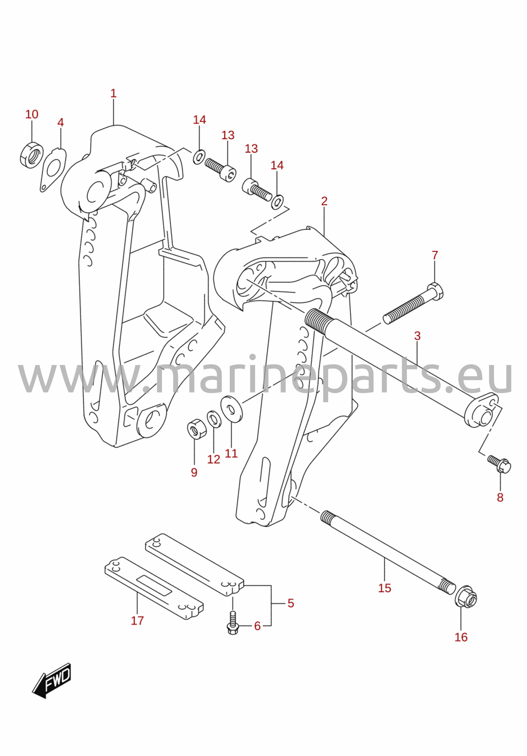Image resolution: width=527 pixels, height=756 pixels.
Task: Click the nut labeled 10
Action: click(x=31, y=155)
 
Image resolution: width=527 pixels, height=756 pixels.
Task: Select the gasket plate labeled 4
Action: click(x=52, y=170)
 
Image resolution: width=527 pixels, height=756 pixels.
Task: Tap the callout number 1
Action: click(x=114, y=93)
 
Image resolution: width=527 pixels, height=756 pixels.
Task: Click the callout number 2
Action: click(x=324, y=201)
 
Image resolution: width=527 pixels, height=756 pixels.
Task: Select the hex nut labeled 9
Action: click(x=197, y=429)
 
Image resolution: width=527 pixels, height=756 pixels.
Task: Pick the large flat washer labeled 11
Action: click(x=231, y=409)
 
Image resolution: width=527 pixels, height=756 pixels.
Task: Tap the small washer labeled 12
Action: click(x=214, y=419)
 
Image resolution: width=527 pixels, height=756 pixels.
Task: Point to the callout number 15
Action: click(x=384, y=588)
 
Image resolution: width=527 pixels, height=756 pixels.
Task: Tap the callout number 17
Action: click(x=137, y=621)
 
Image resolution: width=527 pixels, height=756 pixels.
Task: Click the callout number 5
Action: click(x=291, y=603)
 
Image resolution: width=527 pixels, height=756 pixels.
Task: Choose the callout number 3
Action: click(x=417, y=336)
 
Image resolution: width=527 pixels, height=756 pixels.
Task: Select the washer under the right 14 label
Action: click(x=277, y=202)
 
